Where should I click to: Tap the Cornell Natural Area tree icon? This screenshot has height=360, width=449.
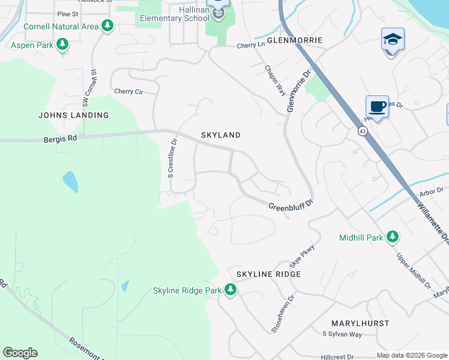107,26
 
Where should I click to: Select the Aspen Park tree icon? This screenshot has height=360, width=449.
62,44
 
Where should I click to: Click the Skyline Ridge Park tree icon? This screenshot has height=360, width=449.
230,290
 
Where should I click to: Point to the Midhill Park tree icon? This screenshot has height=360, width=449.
393,237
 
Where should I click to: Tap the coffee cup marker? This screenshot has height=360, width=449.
377,107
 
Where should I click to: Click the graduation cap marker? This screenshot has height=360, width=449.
393,40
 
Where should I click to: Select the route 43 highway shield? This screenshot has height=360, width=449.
363,130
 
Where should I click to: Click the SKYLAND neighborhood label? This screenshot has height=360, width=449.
220,135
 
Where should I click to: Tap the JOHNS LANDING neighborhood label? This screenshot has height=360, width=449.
73,115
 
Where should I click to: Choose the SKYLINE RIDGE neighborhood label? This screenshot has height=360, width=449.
268,274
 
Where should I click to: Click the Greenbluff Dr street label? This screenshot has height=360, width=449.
291,206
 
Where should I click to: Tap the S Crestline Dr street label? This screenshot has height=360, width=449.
172,159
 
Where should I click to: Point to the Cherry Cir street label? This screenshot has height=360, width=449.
128,92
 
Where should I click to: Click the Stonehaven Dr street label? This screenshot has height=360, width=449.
283,313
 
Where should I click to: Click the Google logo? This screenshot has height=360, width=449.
20,353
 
